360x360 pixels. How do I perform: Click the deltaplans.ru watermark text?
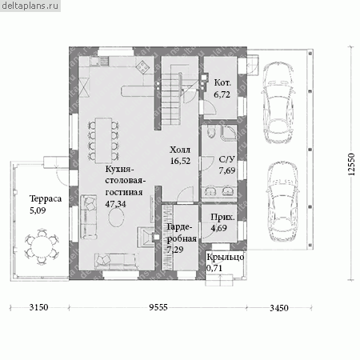point(30,6)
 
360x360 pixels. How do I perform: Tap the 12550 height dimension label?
point(352,164)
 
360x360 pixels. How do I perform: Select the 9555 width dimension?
point(158,307)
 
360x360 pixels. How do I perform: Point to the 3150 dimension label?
point(39,307)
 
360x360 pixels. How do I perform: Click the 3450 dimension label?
point(279,308)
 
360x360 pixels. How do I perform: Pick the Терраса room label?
point(46,199)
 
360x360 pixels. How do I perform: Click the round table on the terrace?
point(42,246)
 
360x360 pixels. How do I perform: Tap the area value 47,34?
point(115,204)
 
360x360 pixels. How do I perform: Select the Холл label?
point(180,150)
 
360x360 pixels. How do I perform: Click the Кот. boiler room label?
point(222,82)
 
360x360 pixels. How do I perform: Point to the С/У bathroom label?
point(227,159)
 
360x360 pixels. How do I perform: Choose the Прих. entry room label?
point(222,218)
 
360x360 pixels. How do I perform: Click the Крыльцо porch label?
point(226,257)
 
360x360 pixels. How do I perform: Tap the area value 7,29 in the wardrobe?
point(175,250)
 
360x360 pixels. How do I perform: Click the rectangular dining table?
point(103,140)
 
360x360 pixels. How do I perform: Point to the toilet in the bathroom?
point(211,132)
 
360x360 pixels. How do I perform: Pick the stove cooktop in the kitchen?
point(143,66)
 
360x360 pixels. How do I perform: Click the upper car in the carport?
point(279,102)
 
